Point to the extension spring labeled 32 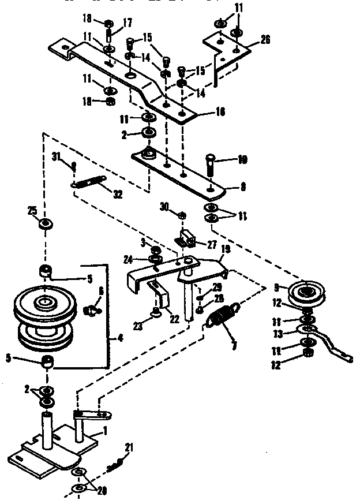pyautogui.click(x=89, y=183)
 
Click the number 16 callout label pyautogui.click(x=203, y=113)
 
